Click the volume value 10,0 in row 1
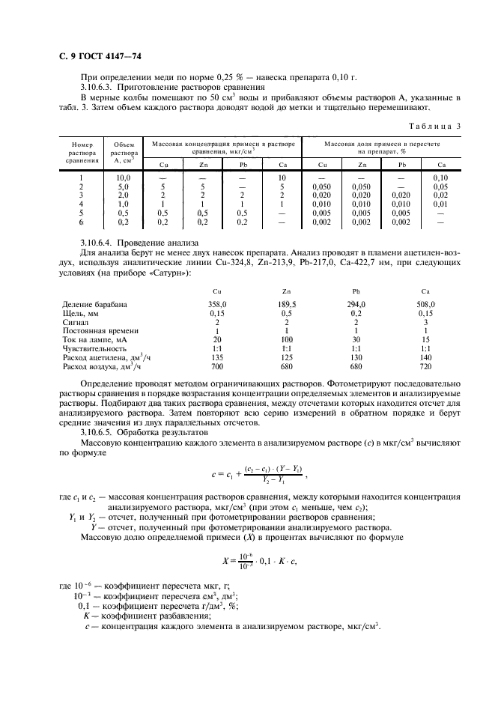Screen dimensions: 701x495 (x=124, y=177)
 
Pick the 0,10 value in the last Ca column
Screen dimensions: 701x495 (x=440, y=177)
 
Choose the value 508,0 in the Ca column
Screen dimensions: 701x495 (x=426, y=304)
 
